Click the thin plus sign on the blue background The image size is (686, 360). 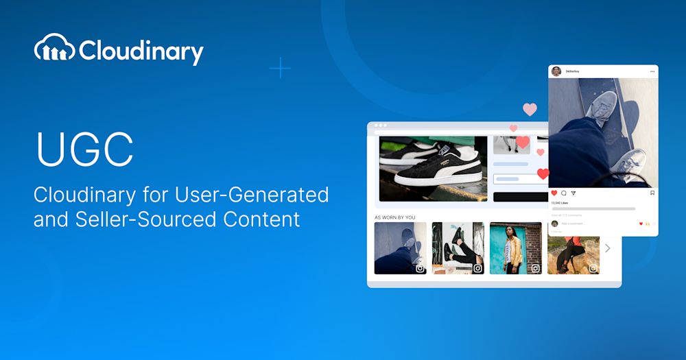pyautogui.click(x=280, y=68)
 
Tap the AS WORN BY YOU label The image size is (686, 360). pyautogui.click(x=394, y=217)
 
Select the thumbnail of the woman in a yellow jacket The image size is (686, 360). pyautogui.click(x=515, y=248)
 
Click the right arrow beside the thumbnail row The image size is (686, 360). pyautogui.click(x=607, y=248)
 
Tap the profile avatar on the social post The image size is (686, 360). pyautogui.click(x=556, y=71)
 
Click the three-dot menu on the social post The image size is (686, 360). pyautogui.click(x=652, y=71)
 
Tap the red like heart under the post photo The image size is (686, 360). pyautogui.click(x=554, y=193)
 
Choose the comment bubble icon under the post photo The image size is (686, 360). pyautogui.click(x=564, y=193)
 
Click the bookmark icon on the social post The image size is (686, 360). pyautogui.click(x=652, y=193)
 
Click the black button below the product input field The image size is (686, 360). pyautogui.click(x=521, y=196)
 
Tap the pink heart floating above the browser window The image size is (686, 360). pyautogui.click(x=530, y=109)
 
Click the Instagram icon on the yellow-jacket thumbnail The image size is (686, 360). pyautogui.click(x=535, y=268)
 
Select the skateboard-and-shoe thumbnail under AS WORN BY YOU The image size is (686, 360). pyautogui.click(x=400, y=248)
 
